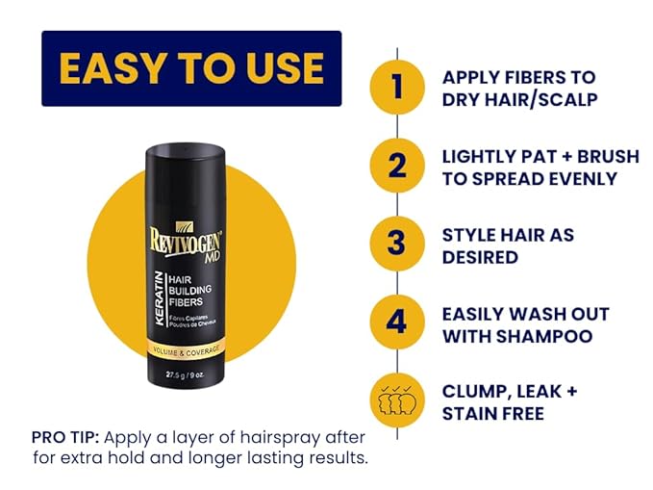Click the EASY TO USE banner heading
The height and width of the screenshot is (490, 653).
191,67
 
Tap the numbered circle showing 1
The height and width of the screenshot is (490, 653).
397,88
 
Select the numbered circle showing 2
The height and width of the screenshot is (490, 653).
397,166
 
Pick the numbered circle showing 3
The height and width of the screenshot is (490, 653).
397,244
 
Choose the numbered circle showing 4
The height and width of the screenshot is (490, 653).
397,322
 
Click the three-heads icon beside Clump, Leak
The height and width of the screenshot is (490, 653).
397,400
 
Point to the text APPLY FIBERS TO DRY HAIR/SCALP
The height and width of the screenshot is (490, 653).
518,88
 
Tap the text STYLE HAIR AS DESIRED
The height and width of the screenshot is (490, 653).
507,245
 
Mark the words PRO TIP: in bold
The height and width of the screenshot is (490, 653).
64,436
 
